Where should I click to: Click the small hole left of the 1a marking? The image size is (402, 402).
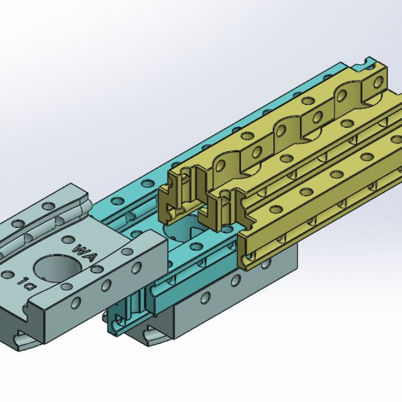point(8,274)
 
